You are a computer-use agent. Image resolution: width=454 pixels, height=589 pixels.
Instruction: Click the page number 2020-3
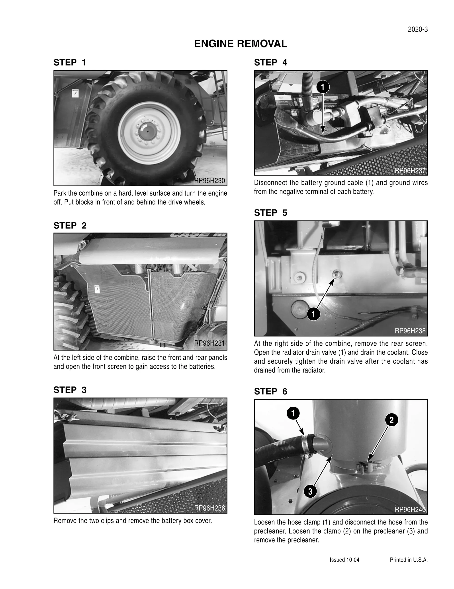click(x=417, y=30)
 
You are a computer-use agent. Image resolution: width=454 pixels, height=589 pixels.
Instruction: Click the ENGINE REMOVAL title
click(x=240, y=44)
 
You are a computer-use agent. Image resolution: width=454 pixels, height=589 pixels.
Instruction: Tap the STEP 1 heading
click(x=70, y=63)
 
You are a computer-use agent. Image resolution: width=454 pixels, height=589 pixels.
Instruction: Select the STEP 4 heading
click(x=270, y=63)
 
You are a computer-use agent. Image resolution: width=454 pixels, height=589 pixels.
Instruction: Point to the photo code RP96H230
click(x=209, y=181)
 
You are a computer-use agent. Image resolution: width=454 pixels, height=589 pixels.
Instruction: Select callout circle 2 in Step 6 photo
click(x=391, y=420)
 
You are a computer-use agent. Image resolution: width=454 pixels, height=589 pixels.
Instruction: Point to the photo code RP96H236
click(x=209, y=508)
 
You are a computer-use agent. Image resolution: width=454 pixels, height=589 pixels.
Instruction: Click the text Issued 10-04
click(x=344, y=560)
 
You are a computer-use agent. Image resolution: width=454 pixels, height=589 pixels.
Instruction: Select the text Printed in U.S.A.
click(x=409, y=560)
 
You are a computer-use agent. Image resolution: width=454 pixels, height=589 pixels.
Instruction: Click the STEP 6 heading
click(x=270, y=391)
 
